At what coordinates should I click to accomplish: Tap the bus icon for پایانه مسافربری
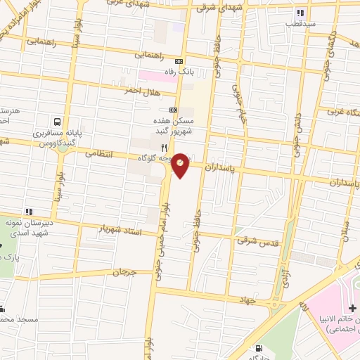point(58,121)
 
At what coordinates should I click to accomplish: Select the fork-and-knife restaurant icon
point(164,148)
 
